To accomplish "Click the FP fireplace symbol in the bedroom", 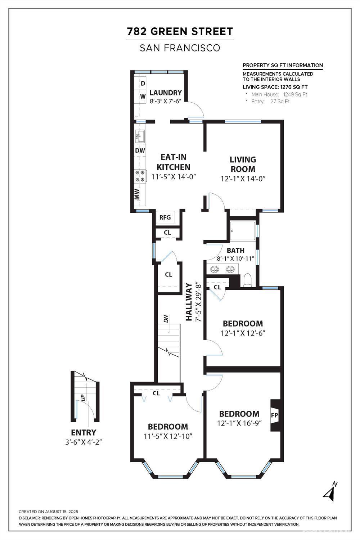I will [274, 415].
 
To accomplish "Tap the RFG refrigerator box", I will [165, 217].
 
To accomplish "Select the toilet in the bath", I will [247, 280].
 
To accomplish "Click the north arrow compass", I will [331, 492].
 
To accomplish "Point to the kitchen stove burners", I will [140, 176].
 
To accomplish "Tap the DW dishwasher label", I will [140, 150].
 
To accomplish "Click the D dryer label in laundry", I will [143, 84].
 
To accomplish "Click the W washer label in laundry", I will [143, 96].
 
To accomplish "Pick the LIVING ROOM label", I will [243, 164].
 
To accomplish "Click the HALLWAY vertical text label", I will [189, 302].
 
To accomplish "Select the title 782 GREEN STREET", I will [180, 32].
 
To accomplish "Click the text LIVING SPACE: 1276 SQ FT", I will [275, 87].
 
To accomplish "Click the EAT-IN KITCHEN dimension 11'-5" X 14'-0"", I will [173, 177].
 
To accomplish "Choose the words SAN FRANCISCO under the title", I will [180, 48].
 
